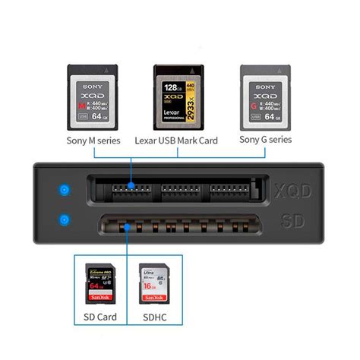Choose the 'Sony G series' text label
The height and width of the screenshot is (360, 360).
(265, 140)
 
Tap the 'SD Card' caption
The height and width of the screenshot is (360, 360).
(99, 315)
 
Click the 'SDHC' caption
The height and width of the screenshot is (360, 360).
(151, 315)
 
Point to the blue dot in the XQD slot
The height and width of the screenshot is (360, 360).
(132, 185)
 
